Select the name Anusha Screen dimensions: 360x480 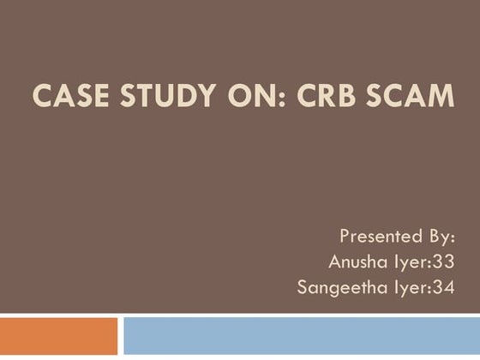pyautogui.click(x=354, y=261)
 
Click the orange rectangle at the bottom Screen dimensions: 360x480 pyautogui.click(x=58, y=337)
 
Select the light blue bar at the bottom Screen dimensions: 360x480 pyautogui.click(x=301, y=337)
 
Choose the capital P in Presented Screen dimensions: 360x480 pyautogui.click(x=345, y=237)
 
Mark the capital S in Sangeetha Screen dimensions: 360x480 pyautogui.click(x=302, y=288)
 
